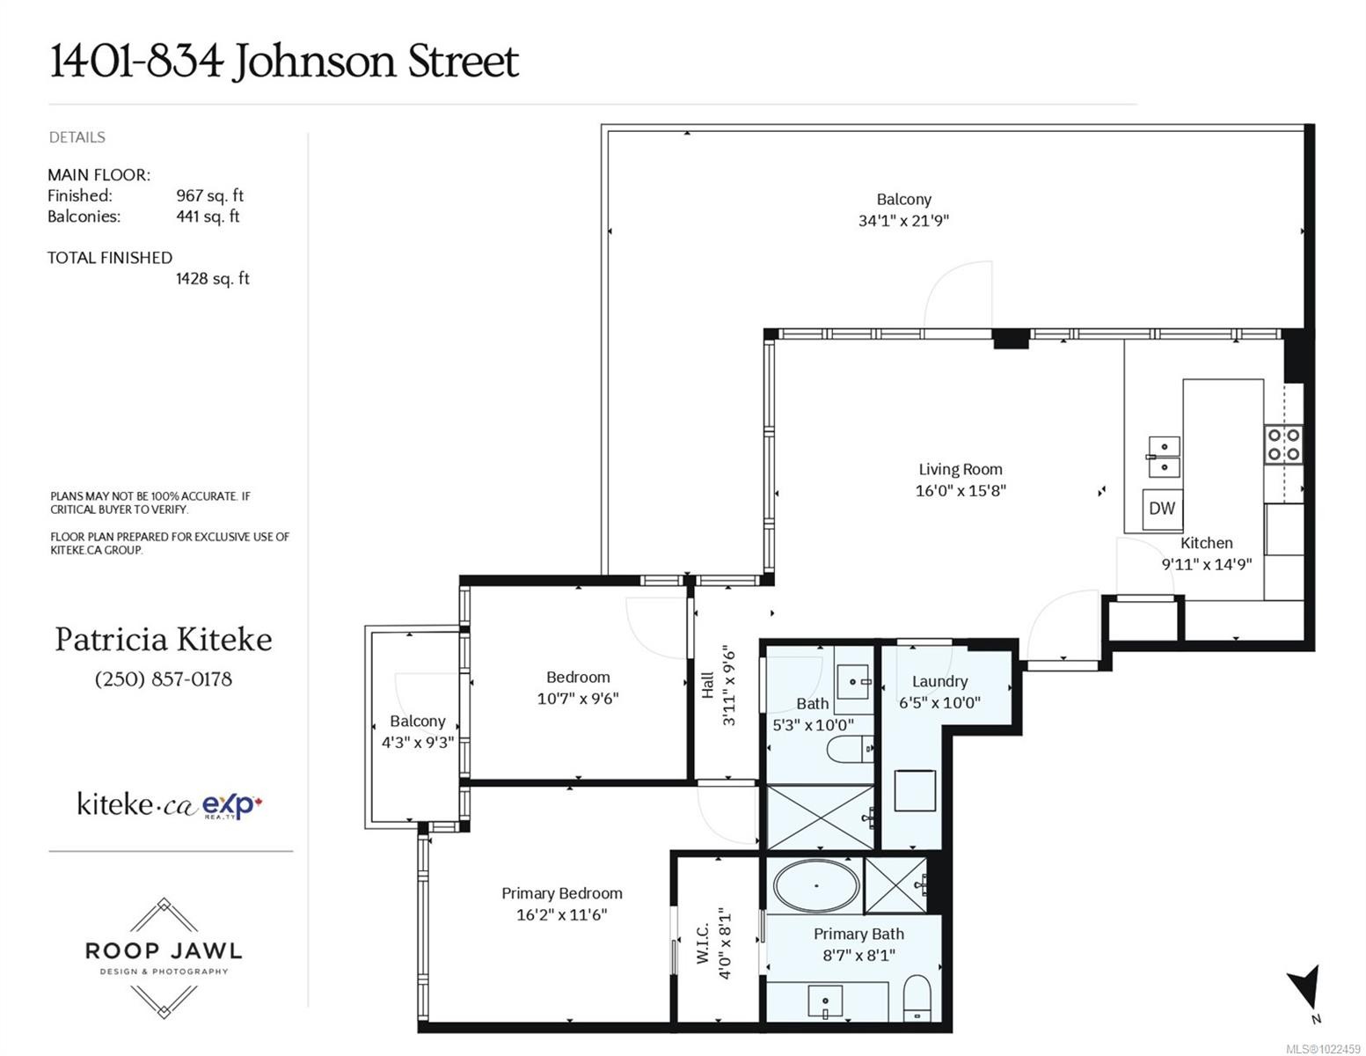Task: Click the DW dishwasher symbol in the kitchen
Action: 1162,509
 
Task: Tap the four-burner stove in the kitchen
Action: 1283,444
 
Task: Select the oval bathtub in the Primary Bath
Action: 816,885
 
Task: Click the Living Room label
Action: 960,469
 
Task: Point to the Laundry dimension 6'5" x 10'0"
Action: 939,702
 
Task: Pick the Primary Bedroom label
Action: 561,893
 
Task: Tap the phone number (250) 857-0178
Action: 164,679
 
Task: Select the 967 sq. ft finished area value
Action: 209,195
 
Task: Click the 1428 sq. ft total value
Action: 213,279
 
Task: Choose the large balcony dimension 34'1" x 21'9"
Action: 903,221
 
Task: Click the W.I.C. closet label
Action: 704,942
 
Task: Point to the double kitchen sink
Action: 1164,457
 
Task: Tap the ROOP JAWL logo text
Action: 164,950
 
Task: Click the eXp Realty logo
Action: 231,806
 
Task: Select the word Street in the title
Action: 464,61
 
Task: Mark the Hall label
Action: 707,685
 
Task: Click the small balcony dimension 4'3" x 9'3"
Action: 418,743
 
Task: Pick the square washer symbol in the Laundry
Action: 916,790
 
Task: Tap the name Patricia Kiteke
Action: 164,640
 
